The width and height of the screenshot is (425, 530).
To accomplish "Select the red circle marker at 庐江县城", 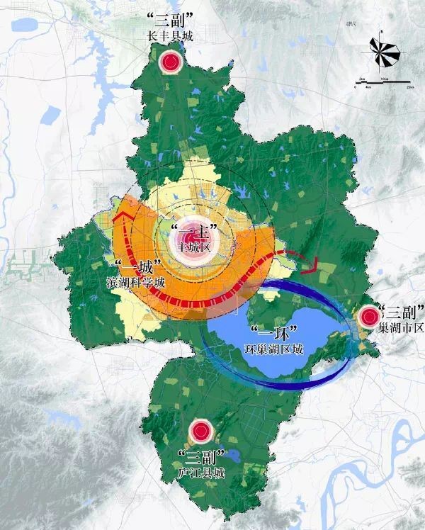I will click(201, 429).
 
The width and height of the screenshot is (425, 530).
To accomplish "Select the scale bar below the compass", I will click(382, 84).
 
